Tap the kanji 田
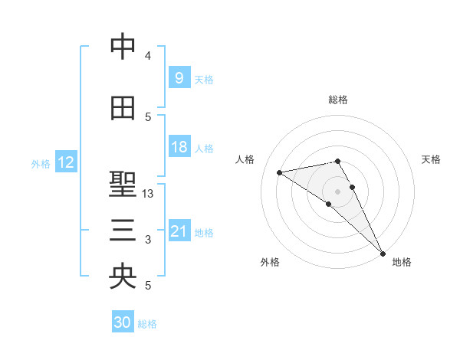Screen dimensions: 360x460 123,108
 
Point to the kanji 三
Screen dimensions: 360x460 123,231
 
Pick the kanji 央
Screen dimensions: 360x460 123,277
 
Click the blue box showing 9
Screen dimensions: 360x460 179,78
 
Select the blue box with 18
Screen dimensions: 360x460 179,147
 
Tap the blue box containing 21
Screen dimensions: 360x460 179,231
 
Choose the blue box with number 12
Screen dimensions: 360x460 65,162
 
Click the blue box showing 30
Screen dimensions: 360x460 123,322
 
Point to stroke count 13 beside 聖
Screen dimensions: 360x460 149,194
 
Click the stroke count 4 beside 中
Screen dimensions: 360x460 148,56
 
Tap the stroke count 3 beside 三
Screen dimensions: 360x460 148,241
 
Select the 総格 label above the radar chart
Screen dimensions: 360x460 338,100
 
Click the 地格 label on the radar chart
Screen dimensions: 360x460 402,262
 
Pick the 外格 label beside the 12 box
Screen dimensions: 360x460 41,163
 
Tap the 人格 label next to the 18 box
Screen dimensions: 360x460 204,148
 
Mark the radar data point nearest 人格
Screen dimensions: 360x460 280,172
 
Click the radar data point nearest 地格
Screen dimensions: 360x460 383,252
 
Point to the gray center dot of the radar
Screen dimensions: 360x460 337,191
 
